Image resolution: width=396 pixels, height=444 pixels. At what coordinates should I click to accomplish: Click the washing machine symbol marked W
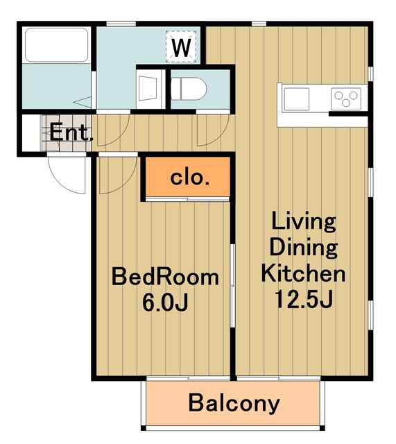pyautogui.click(x=181, y=46)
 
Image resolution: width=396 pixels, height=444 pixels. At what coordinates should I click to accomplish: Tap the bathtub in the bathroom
pyautogui.click(x=57, y=44)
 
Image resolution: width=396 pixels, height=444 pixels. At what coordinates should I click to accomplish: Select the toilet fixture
pyautogui.click(x=189, y=89)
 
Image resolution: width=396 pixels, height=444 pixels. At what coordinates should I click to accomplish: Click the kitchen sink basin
pyautogui.click(x=296, y=99)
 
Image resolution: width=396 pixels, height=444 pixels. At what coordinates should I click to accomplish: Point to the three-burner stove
pyautogui.click(x=346, y=99)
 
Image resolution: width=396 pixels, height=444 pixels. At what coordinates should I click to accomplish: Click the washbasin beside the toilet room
pyautogui.click(x=148, y=88)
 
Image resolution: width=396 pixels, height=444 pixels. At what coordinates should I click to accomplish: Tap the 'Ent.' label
pyautogui.click(x=71, y=133)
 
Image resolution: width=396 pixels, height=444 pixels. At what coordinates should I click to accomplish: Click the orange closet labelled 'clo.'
pyautogui.click(x=187, y=176)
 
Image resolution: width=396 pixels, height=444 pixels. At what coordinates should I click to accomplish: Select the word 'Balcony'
pyautogui.click(x=234, y=404)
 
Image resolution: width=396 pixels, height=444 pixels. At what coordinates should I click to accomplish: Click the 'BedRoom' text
pyautogui.click(x=165, y=277)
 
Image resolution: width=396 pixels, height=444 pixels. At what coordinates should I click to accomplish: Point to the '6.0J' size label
pyautogui.click(x=165, y=302)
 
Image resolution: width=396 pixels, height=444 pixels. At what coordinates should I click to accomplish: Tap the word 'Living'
pyautogui.click(x=304, y=222)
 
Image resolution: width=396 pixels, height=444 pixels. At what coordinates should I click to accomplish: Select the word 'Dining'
pyautogui.click(x=304, y=248)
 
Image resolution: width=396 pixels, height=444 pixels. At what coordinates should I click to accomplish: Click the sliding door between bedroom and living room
pyautogui.click(x=232, y=285)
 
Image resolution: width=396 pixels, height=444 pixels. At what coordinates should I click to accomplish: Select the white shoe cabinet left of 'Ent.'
pyautogui.click(x=31, y=133)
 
